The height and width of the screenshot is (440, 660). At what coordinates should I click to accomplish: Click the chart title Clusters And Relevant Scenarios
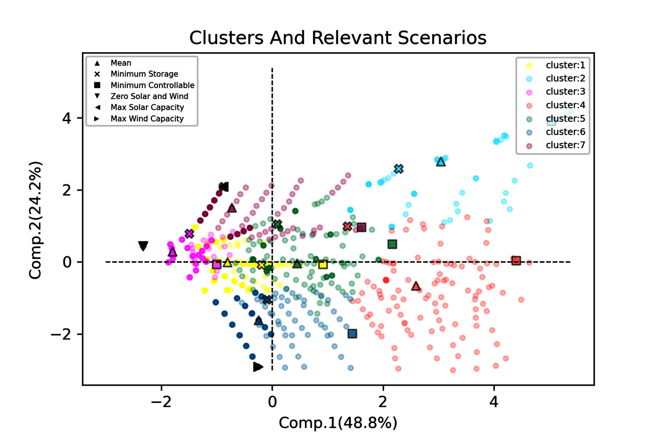338,38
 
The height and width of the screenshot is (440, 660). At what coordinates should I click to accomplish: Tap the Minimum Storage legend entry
144,74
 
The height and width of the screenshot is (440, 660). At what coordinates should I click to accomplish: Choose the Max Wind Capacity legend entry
147,118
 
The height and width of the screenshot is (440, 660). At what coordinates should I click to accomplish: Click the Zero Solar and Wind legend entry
149,96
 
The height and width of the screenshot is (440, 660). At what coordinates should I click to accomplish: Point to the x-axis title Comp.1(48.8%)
338,423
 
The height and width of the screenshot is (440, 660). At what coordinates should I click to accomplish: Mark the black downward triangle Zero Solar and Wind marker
143,245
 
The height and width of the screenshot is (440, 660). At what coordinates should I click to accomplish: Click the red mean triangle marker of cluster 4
416,286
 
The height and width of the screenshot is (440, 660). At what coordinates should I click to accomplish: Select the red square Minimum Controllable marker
516,260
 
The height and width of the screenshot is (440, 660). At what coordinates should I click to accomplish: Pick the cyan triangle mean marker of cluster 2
441,162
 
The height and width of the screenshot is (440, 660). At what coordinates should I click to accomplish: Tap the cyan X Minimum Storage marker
398,169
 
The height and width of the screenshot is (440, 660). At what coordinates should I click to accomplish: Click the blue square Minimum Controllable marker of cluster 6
352,334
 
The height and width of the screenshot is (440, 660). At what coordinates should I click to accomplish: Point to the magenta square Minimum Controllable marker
217,265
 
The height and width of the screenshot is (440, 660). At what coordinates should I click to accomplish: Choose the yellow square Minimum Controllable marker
323,265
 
